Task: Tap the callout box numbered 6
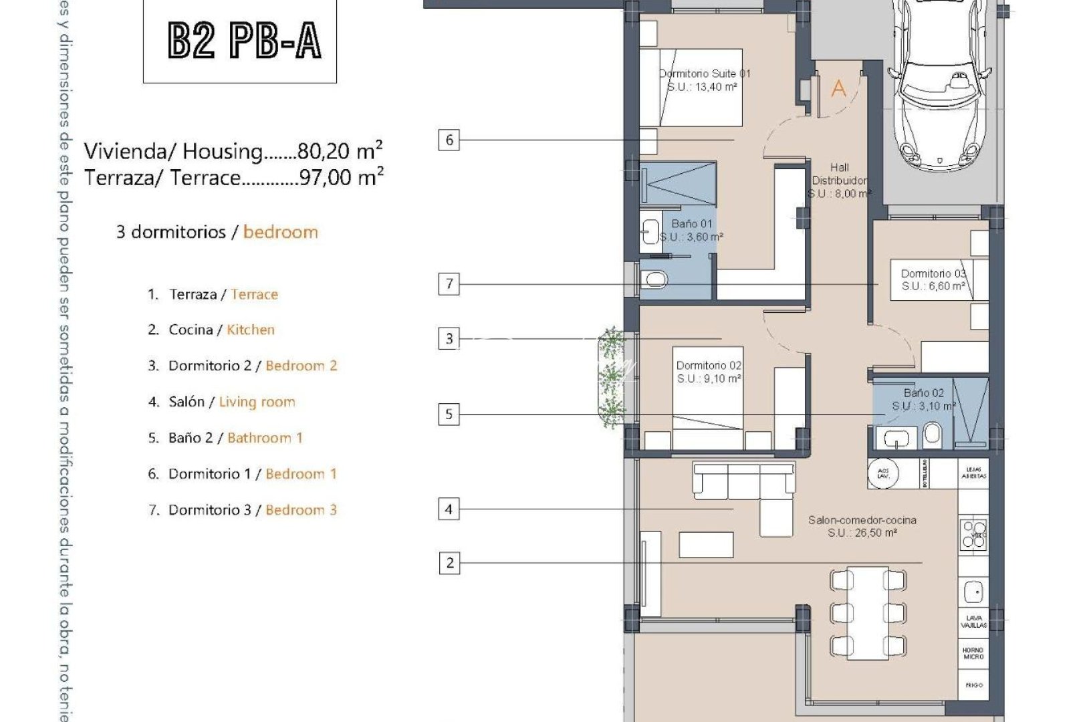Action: tap(449, 140)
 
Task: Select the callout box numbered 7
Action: tap(449, 283)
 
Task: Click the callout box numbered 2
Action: tap(449, 563)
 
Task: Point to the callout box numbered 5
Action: tap(449, 414)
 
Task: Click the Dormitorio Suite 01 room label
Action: tap(704, 80)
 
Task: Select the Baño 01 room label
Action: tap(691, 230)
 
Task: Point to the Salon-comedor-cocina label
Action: tap(862, 526)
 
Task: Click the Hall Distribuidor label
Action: tap(840, 180)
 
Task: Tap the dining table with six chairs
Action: tap(868, 613)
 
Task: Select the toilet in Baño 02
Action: tap(933, 436)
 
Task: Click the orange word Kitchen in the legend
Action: tap(251, 330)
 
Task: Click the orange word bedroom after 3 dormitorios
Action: tap(281, 232)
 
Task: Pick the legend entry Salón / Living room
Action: tap(231, 402)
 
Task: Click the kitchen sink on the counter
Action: tap(973, 592)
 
